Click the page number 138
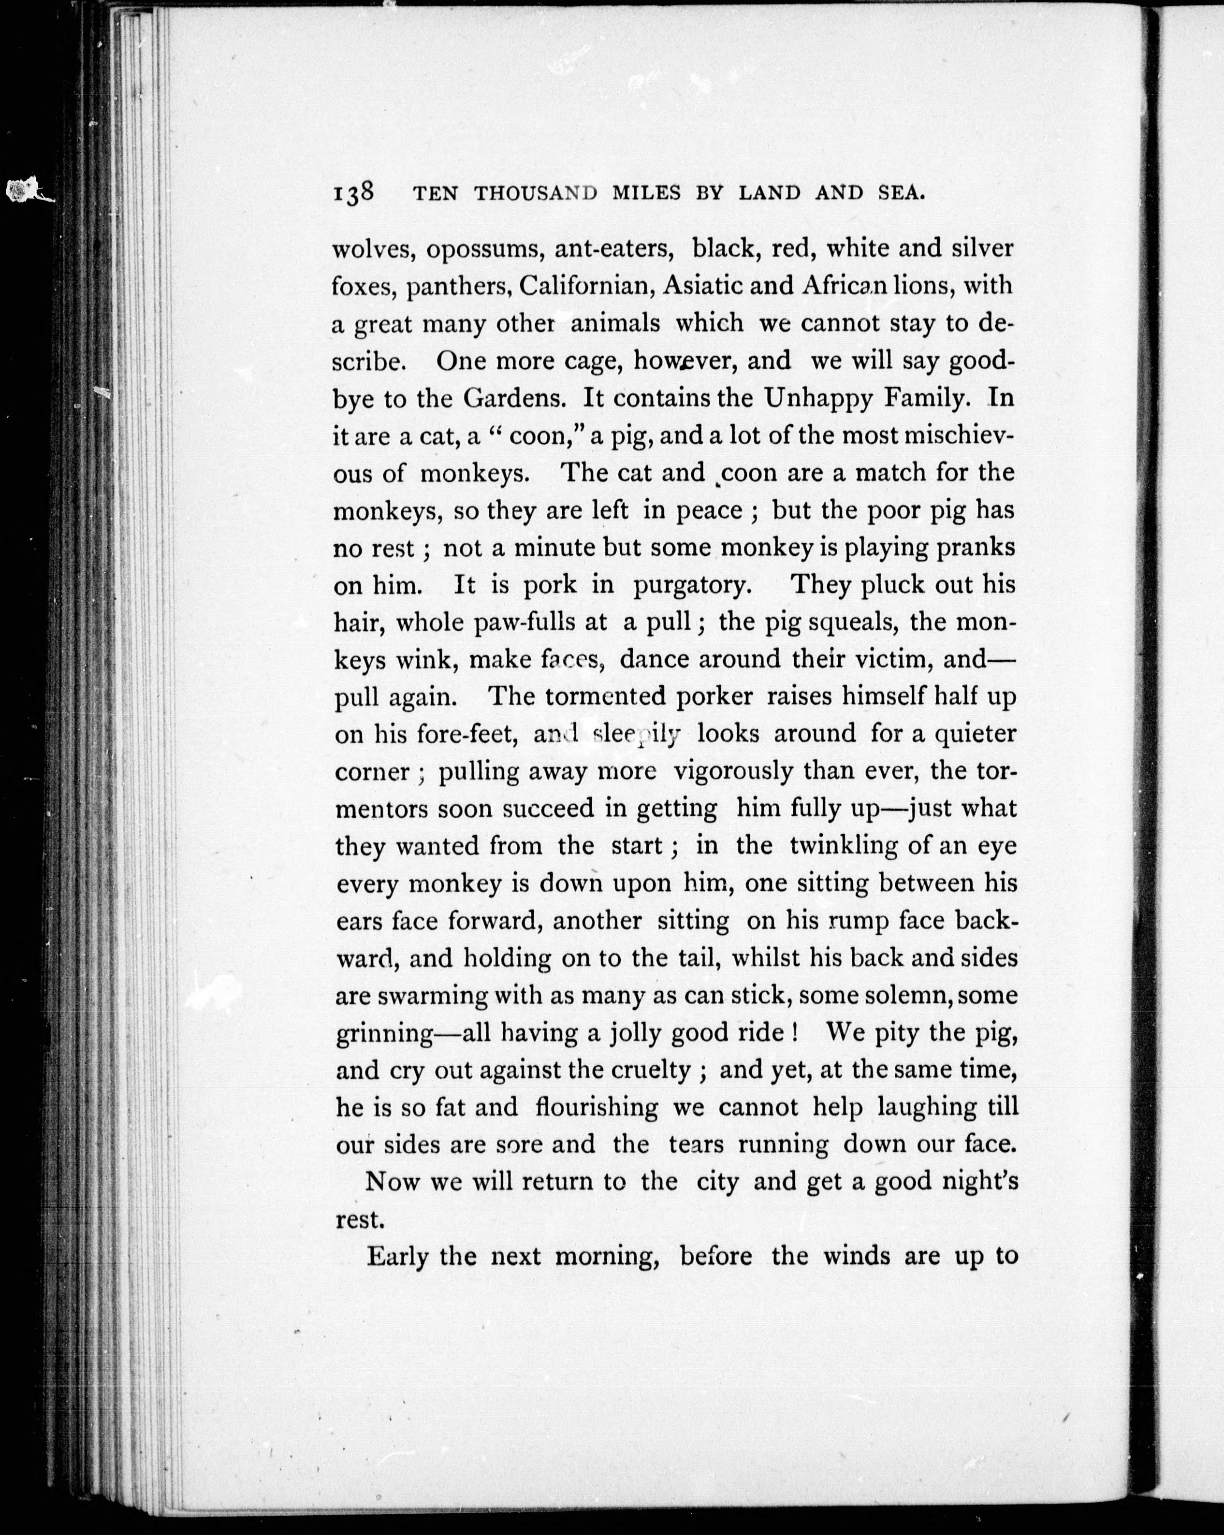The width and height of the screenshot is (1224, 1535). [354, 194]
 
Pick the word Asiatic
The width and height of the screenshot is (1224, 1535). [701, 286]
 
